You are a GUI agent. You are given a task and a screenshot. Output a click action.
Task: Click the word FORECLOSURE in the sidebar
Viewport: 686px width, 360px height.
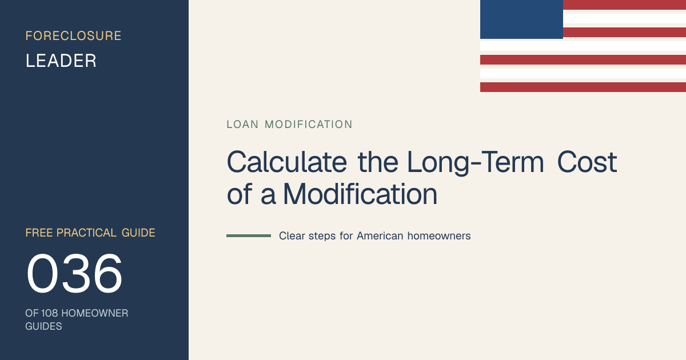click(x=74, y=36)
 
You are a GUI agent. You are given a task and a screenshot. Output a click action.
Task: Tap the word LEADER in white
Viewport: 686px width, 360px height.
click(x=61, y=61)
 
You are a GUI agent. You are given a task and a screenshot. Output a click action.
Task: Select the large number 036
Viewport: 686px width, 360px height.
click(x=74, y=273)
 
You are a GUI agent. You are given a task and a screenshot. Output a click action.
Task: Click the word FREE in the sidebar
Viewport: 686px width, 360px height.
click(x=39, y=233)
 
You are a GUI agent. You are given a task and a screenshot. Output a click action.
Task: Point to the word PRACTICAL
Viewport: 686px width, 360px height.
click(x=86, y=233)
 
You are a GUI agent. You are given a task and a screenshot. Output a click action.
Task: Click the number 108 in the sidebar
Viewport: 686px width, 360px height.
click(x=49, y=313)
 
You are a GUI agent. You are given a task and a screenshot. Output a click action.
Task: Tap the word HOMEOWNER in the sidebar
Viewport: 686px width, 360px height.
click(x=95, y=313)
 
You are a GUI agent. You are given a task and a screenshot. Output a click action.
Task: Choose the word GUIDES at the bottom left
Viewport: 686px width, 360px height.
click(x=43, y=326)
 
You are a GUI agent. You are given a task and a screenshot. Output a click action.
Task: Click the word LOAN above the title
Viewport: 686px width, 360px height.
click(x=242, y=125)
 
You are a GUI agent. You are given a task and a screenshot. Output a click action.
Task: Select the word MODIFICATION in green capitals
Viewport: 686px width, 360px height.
click(x=308, y=125)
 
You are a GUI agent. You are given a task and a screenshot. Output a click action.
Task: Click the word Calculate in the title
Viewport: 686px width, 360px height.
click(x=287, y=162)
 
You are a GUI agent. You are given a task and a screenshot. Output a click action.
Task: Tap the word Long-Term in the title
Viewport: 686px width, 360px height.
click(x=476, y=163)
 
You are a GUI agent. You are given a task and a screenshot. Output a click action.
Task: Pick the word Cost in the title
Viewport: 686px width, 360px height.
click(x=587, y=162)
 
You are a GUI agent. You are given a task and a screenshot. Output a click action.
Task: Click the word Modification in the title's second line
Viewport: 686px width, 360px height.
click(x=360, y=194)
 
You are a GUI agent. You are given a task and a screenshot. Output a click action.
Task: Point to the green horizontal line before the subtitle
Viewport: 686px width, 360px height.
click(x=249, y=235)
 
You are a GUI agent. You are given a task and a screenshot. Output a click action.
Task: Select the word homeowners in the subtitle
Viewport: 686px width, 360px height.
click(x=439, y=235)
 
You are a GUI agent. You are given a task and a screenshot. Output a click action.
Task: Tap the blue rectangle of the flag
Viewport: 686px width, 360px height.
click(x=521, y=19)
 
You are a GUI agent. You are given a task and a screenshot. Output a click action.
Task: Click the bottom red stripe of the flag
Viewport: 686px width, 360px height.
click(x=583, y=87)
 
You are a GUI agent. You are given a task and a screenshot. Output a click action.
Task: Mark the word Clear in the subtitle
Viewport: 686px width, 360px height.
click(x=292, y=235)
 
